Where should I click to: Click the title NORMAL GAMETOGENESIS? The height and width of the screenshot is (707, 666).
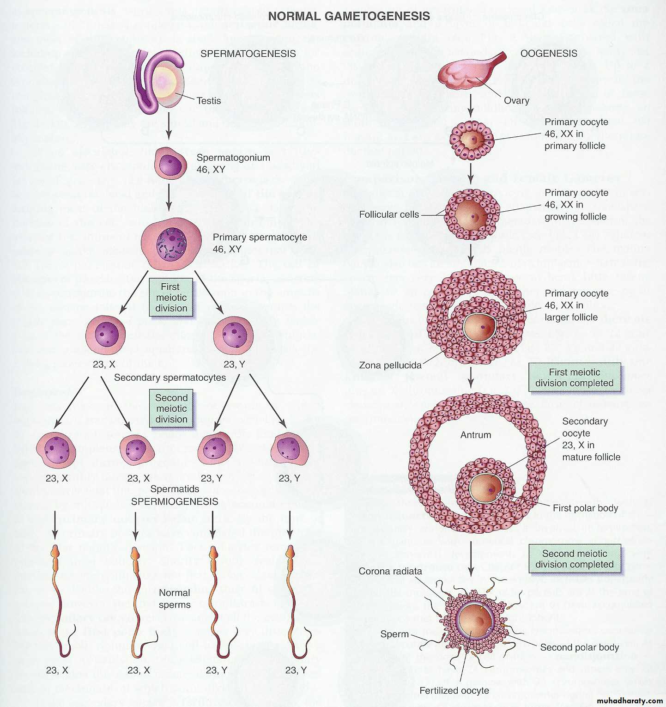pos(349,16)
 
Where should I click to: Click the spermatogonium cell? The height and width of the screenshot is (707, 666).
pos(170,164)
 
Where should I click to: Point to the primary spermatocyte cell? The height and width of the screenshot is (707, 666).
pos(171,244)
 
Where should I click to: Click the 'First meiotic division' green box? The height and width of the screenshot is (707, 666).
pos(171,298)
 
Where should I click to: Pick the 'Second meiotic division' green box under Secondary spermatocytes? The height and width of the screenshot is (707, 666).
pos(171,408)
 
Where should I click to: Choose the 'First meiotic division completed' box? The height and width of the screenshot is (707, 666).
pos(574,378)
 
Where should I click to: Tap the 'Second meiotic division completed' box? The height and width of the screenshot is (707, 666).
pos(574,559)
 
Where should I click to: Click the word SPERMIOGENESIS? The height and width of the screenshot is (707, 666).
pos(175,501)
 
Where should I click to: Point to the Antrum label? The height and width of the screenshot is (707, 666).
pos(475,435)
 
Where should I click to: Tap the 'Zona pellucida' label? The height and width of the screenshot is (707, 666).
pos(390,365)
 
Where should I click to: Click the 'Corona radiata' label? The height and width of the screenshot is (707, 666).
pos(390,571)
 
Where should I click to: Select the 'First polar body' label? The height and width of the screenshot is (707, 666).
pos(585,508)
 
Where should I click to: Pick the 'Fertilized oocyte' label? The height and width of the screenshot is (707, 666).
pos(454,690)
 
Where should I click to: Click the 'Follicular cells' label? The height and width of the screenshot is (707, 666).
pos(389,214)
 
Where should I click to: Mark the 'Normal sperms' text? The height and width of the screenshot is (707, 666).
pos(174,598)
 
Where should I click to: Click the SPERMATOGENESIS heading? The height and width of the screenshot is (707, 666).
pos(248,54)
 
